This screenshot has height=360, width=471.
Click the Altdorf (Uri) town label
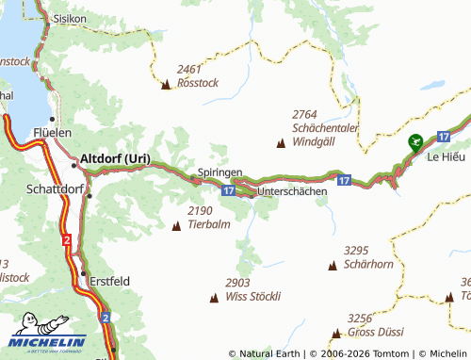(x=115, y=158)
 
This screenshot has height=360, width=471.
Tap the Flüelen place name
(x=52, y=133)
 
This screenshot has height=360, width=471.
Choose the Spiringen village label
(x=220, y=173)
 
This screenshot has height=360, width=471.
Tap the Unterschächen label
(x=292, y=190)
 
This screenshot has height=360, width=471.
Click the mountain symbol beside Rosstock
(x=167, y=85)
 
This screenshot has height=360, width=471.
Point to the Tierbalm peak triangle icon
(x=177, y=225)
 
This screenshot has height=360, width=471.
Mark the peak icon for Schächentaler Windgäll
(x=281, y=143)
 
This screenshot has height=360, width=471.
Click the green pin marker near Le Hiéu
(x=414, y=142)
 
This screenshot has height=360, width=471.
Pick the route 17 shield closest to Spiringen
(x=229, y=189)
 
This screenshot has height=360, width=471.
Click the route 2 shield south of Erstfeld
(x=106, y=318)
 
